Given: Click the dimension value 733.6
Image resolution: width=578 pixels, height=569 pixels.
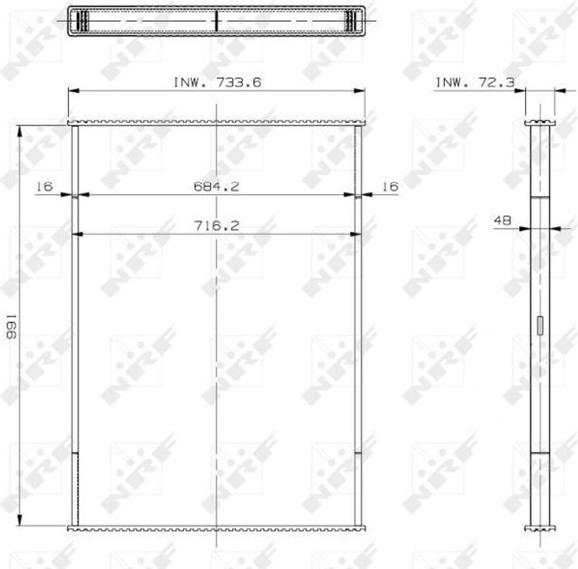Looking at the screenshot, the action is click(x=239, y=82).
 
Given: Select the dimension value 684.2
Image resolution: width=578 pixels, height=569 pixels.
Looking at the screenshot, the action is click(x=216, y=186).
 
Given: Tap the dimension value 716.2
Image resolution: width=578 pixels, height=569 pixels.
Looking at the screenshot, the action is click(x=216, y=226).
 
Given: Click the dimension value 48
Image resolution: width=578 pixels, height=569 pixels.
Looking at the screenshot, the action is click(x=502, y=220).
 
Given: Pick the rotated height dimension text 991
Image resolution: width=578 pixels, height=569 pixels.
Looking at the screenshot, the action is click(x=11, y=327).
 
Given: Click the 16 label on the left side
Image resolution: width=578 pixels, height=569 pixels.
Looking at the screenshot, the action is click(x=44, y=186).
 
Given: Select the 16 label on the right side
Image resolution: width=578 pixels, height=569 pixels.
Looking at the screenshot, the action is click(x=389, y=186).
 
